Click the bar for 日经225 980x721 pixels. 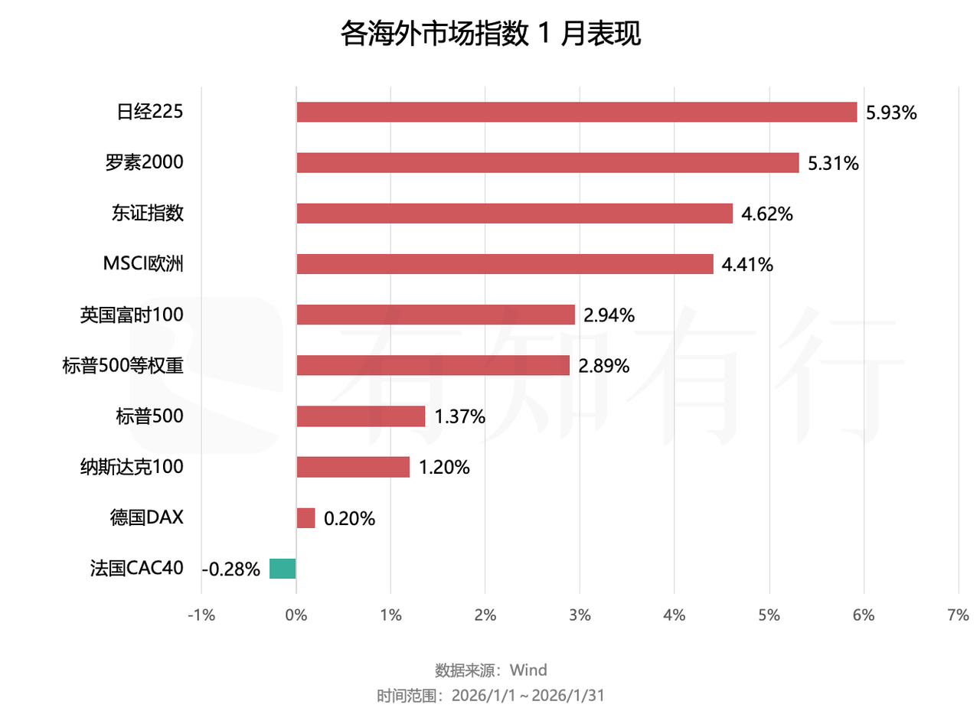[577, 112]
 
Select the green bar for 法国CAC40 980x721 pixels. [283, 569]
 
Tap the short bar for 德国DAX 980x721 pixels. [305, 518]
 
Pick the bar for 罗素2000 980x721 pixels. [547, 162]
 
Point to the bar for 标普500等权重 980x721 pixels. [433, 365]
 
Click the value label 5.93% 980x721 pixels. [891, 113]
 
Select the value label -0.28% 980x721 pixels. [231, 569]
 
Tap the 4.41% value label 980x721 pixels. [747, 265]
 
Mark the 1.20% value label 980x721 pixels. [444, 468]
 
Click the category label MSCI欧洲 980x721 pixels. [143, 264]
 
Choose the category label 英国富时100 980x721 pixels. [132, 315]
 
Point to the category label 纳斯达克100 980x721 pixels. [132, 467]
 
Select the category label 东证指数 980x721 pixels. [147, 213]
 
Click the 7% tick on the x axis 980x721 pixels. [958, 615]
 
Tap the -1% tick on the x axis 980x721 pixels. [201, 615]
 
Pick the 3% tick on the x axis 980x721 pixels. [580, 615]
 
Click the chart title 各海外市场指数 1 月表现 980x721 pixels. [490, 34]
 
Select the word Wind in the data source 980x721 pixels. [528, 670]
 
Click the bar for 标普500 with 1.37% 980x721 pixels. [361, 416]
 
